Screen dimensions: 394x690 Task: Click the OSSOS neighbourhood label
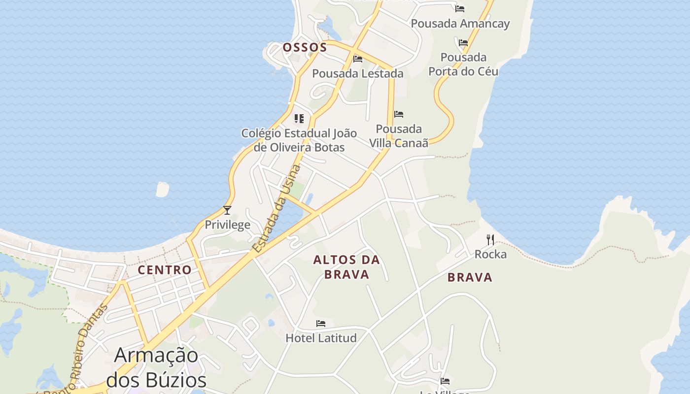coord(305,47)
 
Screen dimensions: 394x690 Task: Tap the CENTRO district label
coord(164,270)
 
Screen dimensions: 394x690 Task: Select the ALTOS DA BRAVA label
coord(347,267)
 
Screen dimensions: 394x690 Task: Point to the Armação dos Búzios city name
coord(156,367)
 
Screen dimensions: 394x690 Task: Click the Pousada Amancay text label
coord(460,24)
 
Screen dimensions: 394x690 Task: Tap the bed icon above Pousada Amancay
coord(460,8)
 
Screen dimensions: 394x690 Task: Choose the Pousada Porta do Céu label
coord(463,65)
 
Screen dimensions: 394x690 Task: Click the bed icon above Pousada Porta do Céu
coord(463,43)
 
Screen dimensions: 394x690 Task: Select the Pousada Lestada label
coord(358,74)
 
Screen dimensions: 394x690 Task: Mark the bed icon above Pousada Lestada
coord(358,59)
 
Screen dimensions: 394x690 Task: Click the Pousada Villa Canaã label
coord(399,136)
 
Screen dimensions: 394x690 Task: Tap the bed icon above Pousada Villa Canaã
coord(399,114)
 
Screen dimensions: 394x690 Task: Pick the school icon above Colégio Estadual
coord(299,118)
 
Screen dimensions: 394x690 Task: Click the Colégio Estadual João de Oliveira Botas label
coord(299,140)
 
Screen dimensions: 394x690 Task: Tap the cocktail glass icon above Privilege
coord(227,210)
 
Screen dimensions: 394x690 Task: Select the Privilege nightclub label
coord(227,225)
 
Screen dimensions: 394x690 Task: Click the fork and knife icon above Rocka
coord(490,240)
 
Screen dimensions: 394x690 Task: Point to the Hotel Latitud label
coord(321,338)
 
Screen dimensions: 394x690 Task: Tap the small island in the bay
coord(162,189)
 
